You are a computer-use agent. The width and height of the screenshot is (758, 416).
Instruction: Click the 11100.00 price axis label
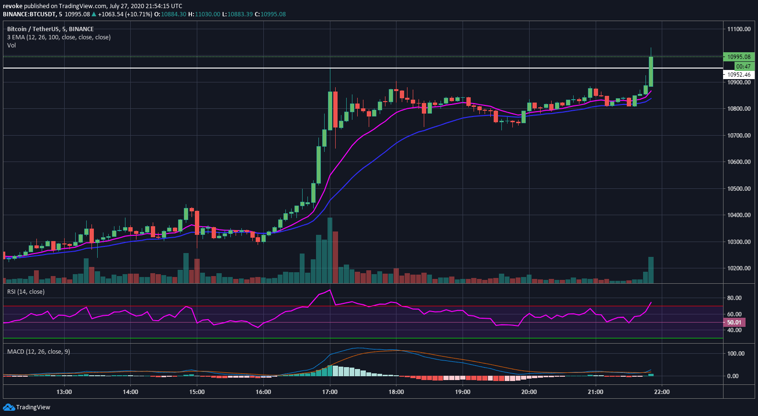[x=738, y=29]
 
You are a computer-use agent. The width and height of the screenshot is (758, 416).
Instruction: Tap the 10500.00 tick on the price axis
[x=738, y=189]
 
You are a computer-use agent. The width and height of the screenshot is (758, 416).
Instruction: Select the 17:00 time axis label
[x=329, y=392]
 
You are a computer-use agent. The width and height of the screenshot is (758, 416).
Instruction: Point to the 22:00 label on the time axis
[x=662, y=392]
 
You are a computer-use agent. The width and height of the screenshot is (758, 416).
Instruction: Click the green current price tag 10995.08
[x=738, y=57]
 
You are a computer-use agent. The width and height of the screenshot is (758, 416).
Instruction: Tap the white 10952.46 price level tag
[x=739, y=75]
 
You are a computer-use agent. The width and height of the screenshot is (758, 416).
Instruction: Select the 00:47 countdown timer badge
[x=743, y=66]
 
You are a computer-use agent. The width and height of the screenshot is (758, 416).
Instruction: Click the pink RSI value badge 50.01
[x=734, y=323]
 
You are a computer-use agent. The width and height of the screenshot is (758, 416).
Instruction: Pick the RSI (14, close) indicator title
[x=26, y=292]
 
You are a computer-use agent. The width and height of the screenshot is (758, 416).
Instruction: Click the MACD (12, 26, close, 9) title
[x=38, y=352]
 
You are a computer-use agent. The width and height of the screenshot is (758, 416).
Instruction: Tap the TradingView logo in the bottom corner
[x=27, y=407]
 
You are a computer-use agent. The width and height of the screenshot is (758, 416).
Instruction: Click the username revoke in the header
[x=12, y=6]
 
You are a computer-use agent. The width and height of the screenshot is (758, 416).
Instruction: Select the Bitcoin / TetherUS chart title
[x=50, y=29]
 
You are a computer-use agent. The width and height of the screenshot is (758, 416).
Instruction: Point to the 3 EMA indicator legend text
[x=59, y=37]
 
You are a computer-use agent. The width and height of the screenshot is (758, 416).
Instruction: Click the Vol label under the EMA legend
[x=11, y=46]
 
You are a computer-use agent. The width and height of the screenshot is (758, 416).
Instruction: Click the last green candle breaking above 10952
[x=651, y=72]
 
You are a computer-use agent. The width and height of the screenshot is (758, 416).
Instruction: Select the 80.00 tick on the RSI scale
[x=734, y=298]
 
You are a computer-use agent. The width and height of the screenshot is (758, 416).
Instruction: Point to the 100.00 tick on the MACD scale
[x=735, y=354]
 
